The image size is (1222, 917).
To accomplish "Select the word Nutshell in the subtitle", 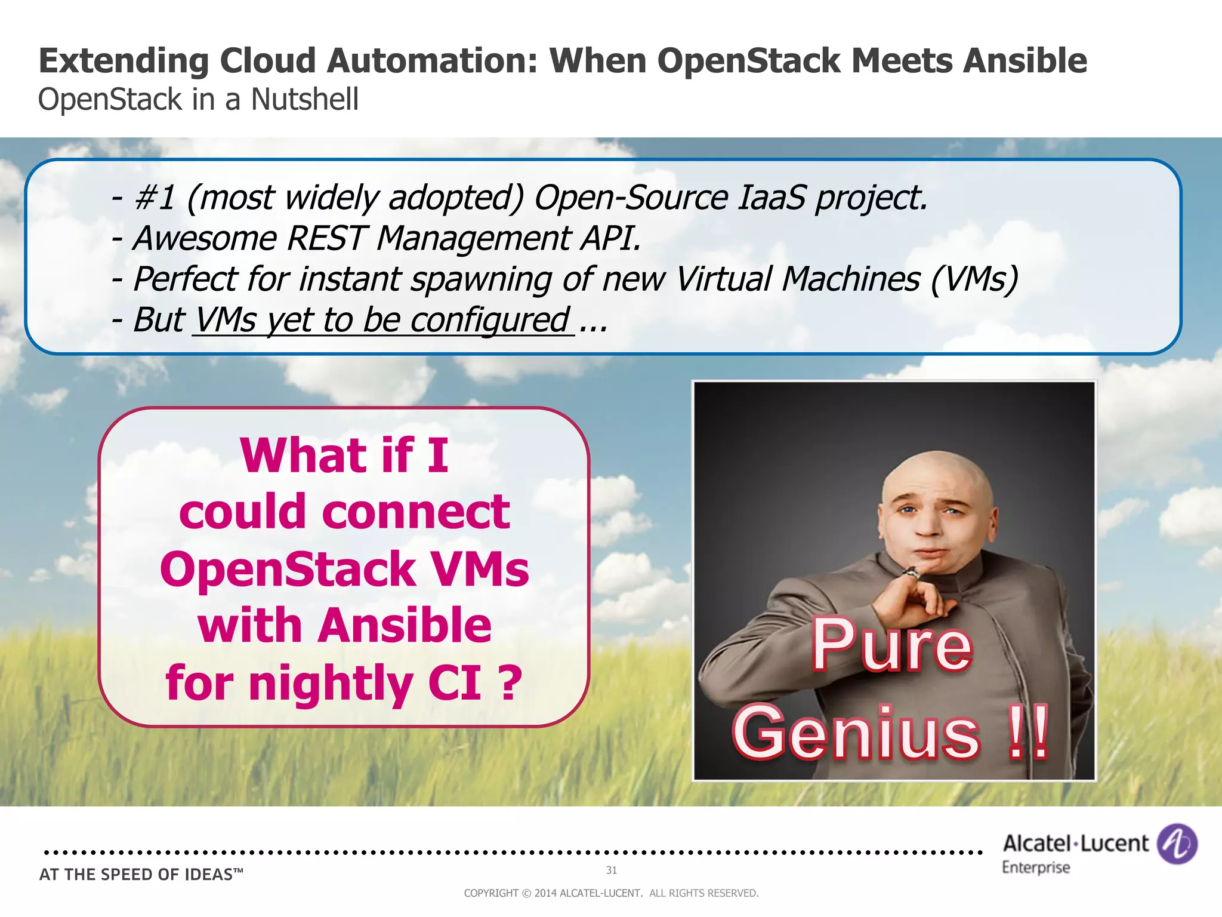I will [304, 99].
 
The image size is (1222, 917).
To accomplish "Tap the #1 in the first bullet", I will [155, 198].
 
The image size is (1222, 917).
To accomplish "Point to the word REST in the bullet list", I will [325, 238].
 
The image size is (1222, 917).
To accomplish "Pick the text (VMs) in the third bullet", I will [974, 279].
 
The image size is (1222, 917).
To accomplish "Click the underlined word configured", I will [489, 320].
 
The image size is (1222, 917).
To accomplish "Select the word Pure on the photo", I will [891, 645].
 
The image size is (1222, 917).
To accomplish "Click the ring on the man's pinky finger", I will [911, 573].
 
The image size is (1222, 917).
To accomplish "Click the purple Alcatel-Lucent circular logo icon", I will [1177, 844].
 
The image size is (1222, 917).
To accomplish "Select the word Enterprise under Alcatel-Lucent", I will [1036, 867].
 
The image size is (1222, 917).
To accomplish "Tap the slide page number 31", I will [612, 870].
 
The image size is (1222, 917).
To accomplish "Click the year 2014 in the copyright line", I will [545, 893].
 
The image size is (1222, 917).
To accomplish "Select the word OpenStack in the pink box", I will [288, 569].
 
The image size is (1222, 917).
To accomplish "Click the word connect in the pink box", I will [416, 512].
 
